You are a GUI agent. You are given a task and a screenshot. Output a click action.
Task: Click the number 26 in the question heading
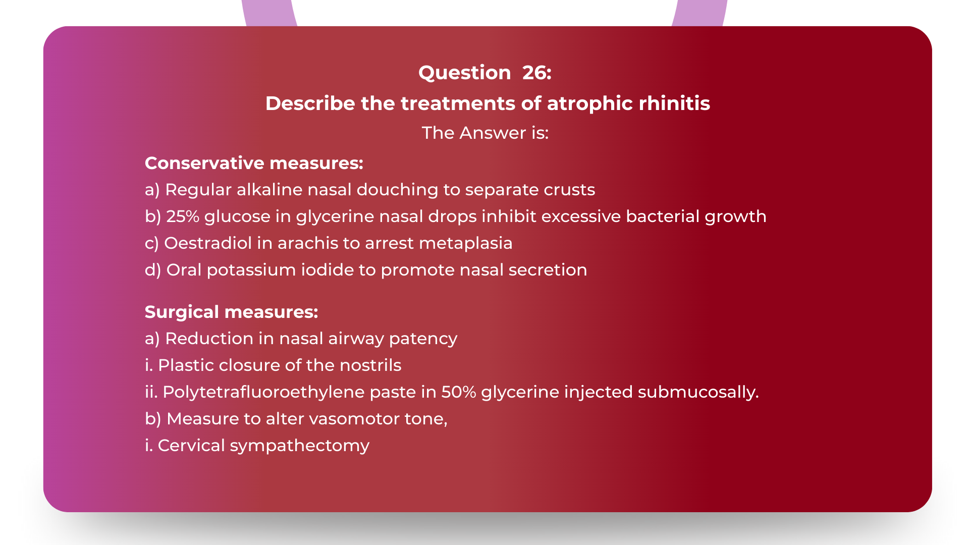coord(536,73)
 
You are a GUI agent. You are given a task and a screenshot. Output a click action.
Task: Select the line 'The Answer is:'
coord(485,133)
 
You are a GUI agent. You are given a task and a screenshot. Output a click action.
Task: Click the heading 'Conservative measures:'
coord(254,163)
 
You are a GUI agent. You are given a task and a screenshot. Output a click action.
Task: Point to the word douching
coord(398,190)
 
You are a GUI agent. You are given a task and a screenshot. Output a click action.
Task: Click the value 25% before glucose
coord(183,216)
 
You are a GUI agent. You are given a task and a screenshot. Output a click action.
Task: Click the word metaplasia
coord(465,243)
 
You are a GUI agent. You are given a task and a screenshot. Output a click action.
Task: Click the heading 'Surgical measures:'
coord(231,312)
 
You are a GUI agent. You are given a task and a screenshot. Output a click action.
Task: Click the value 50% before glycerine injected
coord(458,392)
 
